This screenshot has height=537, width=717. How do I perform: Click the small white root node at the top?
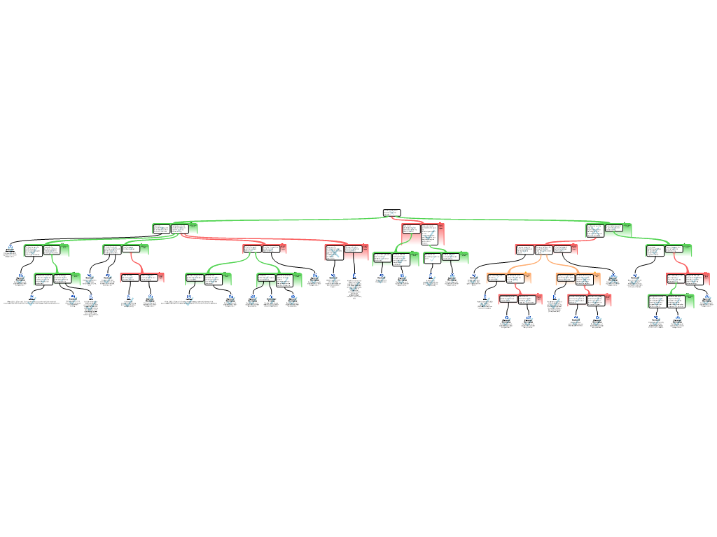[391, 213]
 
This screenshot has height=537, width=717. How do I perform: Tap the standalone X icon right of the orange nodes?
[613, 278]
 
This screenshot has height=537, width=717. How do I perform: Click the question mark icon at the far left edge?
[11, 250]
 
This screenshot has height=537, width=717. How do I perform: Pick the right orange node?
[578, 279]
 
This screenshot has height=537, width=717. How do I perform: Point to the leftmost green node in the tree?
[46, 250]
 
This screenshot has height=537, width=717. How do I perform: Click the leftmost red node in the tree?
[141, 278]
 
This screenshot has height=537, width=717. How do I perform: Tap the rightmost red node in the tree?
[688, 279]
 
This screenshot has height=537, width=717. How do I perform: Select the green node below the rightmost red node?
[671, 301]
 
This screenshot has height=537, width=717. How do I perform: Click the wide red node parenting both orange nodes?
[546, 249]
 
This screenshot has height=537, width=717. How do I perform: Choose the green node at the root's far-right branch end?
[608, 229]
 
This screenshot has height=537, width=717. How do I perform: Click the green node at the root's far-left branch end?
[175, 229]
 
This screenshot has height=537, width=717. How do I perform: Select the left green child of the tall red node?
[396, 259]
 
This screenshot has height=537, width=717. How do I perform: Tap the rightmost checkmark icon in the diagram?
[706, 301]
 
